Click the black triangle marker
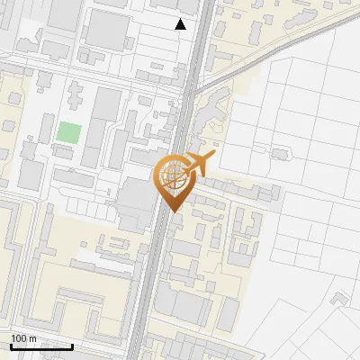click(181, 24)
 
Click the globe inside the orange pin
click(171, 176)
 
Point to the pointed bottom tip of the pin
click(172, 211)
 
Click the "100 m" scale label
click(23, 337)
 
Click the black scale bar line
click(41, 346)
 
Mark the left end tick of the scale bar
click(11, 344)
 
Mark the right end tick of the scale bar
click(72, 344)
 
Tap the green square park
click(68, 132)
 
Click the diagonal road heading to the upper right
click(270, 54)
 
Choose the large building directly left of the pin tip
click(135, 202)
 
